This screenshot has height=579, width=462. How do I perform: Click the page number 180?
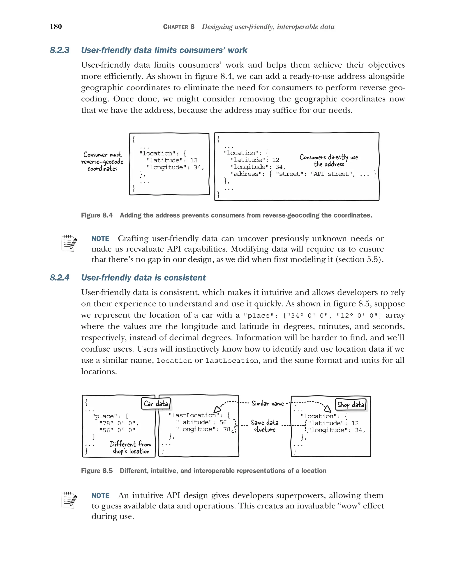(x=56, y=27)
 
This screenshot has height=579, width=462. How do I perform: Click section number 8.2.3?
(x=60, y=50)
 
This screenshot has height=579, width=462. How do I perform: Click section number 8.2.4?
(x=60, y=277)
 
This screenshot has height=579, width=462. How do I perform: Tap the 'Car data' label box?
(x=156, y=403)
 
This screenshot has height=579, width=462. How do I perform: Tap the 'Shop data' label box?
(x=351, y=404)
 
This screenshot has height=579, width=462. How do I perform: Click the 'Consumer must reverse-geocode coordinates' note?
(x=102, y=161)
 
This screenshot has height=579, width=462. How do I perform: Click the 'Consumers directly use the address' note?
(x=329, y=160)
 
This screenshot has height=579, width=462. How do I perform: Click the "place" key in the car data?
(x=106, y=416)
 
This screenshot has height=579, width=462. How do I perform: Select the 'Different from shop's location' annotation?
(x=131, y=447)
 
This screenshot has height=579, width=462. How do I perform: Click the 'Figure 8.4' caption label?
(x=97, y=215)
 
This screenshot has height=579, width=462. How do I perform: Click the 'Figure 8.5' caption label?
(x=97, y=471)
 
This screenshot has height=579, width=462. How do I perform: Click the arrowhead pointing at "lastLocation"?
(x=217, y=409)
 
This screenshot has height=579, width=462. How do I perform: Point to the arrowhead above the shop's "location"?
(x=327, y=409)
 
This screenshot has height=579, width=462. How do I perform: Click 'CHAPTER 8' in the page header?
(x=178, y=27)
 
